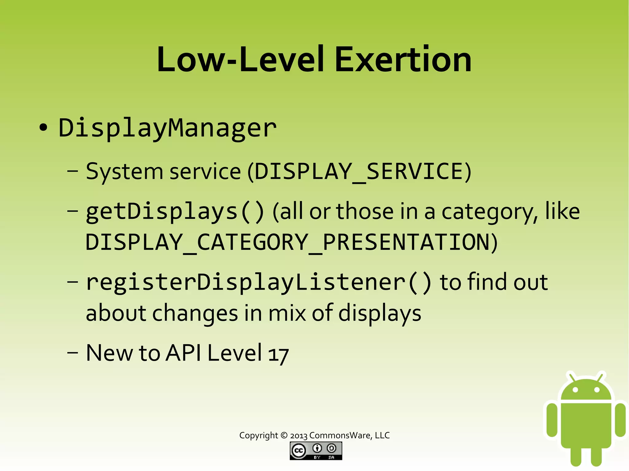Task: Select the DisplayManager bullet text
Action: click(167, 128)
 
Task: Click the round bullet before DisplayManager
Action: click(43, 128)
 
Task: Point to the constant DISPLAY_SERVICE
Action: click(362, 171)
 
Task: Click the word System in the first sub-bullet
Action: click(124, 171)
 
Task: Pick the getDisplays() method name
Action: click(174, 212)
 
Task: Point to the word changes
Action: click(195, 313)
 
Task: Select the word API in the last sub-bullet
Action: click(183, 353)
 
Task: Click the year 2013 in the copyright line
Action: click(299, 435)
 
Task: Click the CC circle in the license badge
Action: click(298, 450)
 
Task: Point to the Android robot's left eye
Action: click(576, 390)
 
